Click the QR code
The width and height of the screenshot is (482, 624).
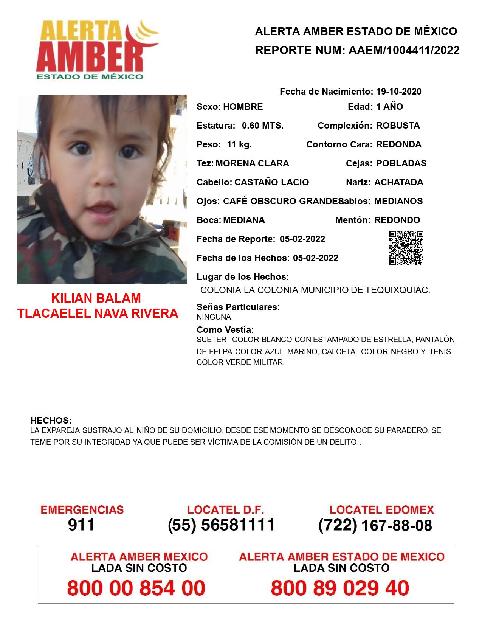pos(406,248)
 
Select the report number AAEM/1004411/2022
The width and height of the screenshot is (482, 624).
pos(404,50)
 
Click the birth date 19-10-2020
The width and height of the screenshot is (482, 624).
pos(399,92)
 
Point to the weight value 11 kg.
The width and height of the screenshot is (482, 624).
pos(239,144)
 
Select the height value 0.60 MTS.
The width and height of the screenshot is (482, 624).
pos(263,126)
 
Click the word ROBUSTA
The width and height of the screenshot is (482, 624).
pos(398,126)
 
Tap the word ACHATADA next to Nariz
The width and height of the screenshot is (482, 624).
pos(399,182)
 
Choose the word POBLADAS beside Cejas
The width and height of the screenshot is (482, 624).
pos(401,163)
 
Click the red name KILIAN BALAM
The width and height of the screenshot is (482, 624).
pos(96,298)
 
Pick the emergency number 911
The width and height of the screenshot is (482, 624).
pos(81,525)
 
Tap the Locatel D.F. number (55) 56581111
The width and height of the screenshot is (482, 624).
pos(221,525)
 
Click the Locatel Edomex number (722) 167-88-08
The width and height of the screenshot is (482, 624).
pos(375,525)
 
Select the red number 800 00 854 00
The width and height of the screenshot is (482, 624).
pos(136,588)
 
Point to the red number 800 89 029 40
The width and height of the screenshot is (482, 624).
pos(340,588)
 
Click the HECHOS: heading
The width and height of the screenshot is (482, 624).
pos(51,421)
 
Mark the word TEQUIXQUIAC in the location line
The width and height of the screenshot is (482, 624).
pos(397,290)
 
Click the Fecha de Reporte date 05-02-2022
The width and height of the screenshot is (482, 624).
pos(302,239)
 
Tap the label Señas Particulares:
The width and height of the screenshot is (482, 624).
pos(238,307)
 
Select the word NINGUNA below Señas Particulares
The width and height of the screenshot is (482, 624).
pos(214,317)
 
